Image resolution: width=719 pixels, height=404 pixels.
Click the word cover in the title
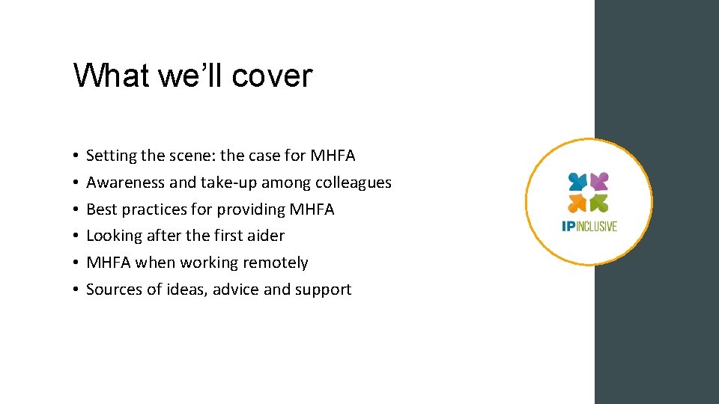(272, 76)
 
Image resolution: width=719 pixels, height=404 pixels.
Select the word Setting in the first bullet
(112, 156)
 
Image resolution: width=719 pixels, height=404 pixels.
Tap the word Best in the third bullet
(102, 209)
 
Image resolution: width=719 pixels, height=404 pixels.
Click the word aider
(266, 236)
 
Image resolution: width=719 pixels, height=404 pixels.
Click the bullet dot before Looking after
(77, 236)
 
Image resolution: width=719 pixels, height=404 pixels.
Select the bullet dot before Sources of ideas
(77, 290)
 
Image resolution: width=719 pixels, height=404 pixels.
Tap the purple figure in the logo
(599, 181)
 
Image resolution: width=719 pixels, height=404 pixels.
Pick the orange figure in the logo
(577, 203)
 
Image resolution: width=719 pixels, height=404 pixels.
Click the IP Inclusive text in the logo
(589, 226)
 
